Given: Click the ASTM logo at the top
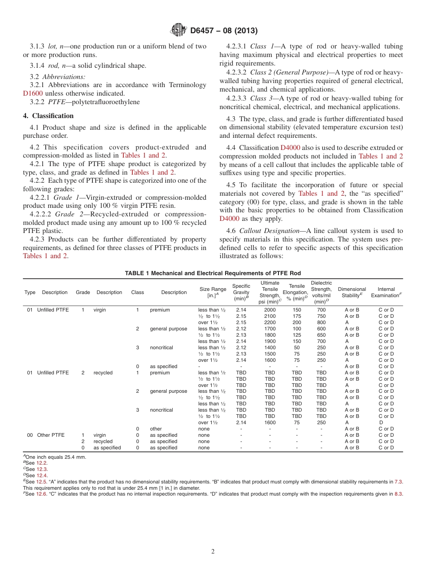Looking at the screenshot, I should coord(178,31).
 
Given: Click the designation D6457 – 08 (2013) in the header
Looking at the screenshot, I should coord(224,31).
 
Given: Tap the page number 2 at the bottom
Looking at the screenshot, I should coord(213,552).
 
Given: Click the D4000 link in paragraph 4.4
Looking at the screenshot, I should coord(290,148).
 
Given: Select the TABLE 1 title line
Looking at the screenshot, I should coord(213,273).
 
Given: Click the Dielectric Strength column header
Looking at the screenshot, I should coord(321,292).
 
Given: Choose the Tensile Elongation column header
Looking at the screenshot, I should coord(296,292).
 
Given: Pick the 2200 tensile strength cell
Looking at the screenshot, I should coord(270,322).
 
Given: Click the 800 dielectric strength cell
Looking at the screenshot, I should coord(321,322).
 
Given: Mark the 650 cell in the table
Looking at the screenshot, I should coord(321,335).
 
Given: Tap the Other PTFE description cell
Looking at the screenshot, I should coord(51,435).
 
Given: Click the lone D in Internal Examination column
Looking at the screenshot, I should coord(381,422).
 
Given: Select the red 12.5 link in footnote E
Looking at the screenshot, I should coord(41,482).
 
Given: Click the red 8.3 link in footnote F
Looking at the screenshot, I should coord(398,494).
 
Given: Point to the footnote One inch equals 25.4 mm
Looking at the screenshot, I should coord(56,457).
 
